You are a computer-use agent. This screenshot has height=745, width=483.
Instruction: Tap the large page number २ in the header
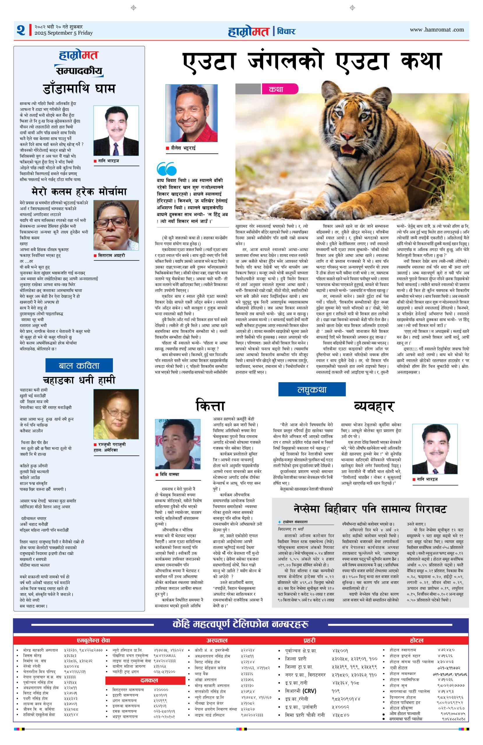(x=21, y=30)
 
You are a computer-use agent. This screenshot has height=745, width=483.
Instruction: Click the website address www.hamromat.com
(x=437, y=30)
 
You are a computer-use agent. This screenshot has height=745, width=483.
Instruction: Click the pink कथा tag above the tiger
(x=276, y=89)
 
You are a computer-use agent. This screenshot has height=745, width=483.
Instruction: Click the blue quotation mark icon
(x=166, y=169)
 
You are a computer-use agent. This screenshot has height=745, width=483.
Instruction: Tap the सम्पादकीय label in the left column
(x=79, y=71)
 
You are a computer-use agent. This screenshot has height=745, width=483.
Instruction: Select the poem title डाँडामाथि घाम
(x=79, y=89)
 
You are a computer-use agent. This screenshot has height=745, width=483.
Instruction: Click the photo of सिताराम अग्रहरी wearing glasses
(x=116, y=225)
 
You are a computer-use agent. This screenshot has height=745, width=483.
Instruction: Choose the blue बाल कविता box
(x=79, y=366)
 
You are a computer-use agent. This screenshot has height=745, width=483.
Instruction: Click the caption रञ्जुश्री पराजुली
(x=112, y=444)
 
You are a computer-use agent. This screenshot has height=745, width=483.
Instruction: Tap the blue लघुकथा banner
(x=312, y=390)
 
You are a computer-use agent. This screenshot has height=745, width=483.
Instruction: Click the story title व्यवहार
(x=374, y=406)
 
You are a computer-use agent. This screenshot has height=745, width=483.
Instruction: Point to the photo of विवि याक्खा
(x=178, y=444)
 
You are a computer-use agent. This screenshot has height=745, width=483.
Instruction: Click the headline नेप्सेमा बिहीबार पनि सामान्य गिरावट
(x=370, y=509)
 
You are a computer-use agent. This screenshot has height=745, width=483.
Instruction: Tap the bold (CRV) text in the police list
(x=309, y=691)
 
